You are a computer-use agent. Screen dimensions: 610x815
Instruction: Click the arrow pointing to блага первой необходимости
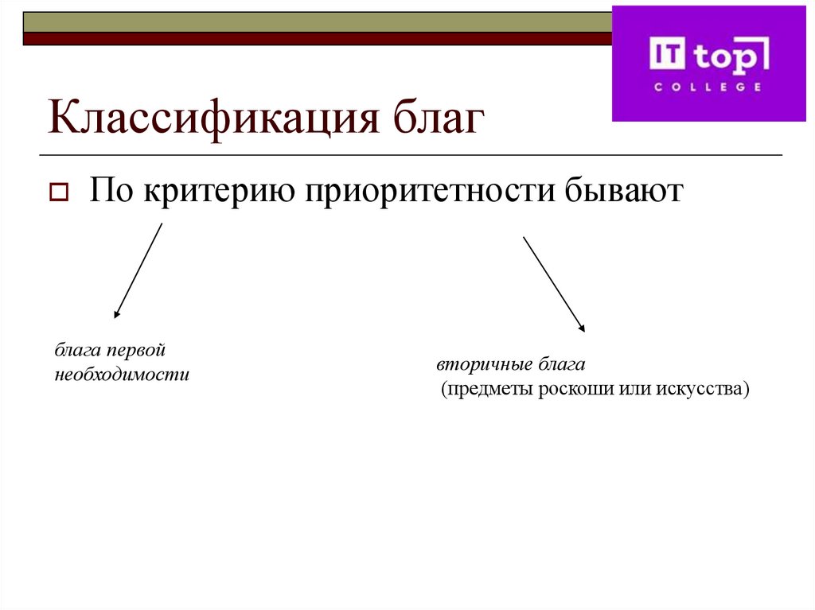(138, 270)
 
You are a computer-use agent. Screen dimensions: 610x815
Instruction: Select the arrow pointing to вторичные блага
(554, 283)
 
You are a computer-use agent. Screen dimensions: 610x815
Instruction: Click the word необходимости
(122, 374)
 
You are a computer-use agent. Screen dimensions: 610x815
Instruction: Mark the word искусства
(704, 390)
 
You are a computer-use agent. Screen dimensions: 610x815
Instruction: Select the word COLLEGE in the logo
(708, 87)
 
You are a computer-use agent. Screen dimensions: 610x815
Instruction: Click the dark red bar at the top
(318, 38)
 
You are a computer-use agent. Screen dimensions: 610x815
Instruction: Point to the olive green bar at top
(318, 22)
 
